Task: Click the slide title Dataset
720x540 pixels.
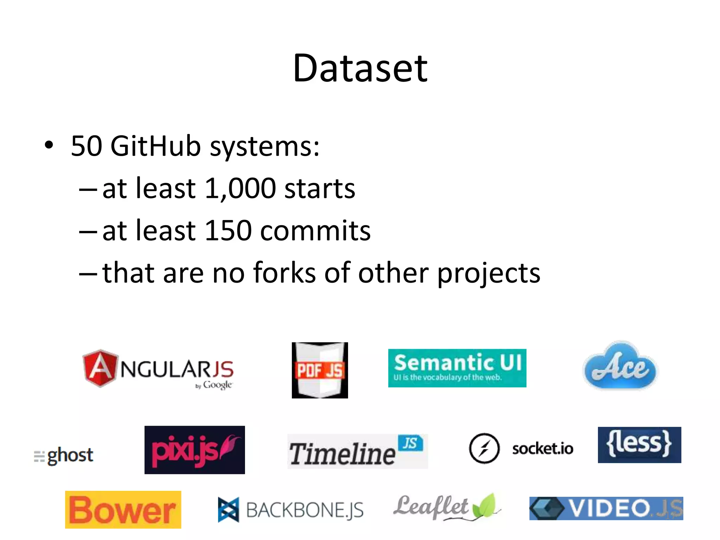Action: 360,68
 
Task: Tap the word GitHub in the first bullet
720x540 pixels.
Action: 156,146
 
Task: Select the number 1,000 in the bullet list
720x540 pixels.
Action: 240,188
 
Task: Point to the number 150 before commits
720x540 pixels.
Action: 228,231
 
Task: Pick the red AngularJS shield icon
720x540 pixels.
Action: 100,368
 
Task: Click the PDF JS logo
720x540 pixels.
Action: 320,370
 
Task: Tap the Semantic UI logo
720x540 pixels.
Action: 457,368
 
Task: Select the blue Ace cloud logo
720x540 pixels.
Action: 620,367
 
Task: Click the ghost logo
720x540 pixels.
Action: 64,456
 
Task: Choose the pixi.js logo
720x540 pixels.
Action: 194,450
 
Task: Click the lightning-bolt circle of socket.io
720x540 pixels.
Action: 484,448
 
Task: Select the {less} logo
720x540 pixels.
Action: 639,445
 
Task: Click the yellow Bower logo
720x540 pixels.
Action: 123,510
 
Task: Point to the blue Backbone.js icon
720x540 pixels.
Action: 228,509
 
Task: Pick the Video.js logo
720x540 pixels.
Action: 606,508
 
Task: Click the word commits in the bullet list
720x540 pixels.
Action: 315,231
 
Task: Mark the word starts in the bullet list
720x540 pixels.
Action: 320,188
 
